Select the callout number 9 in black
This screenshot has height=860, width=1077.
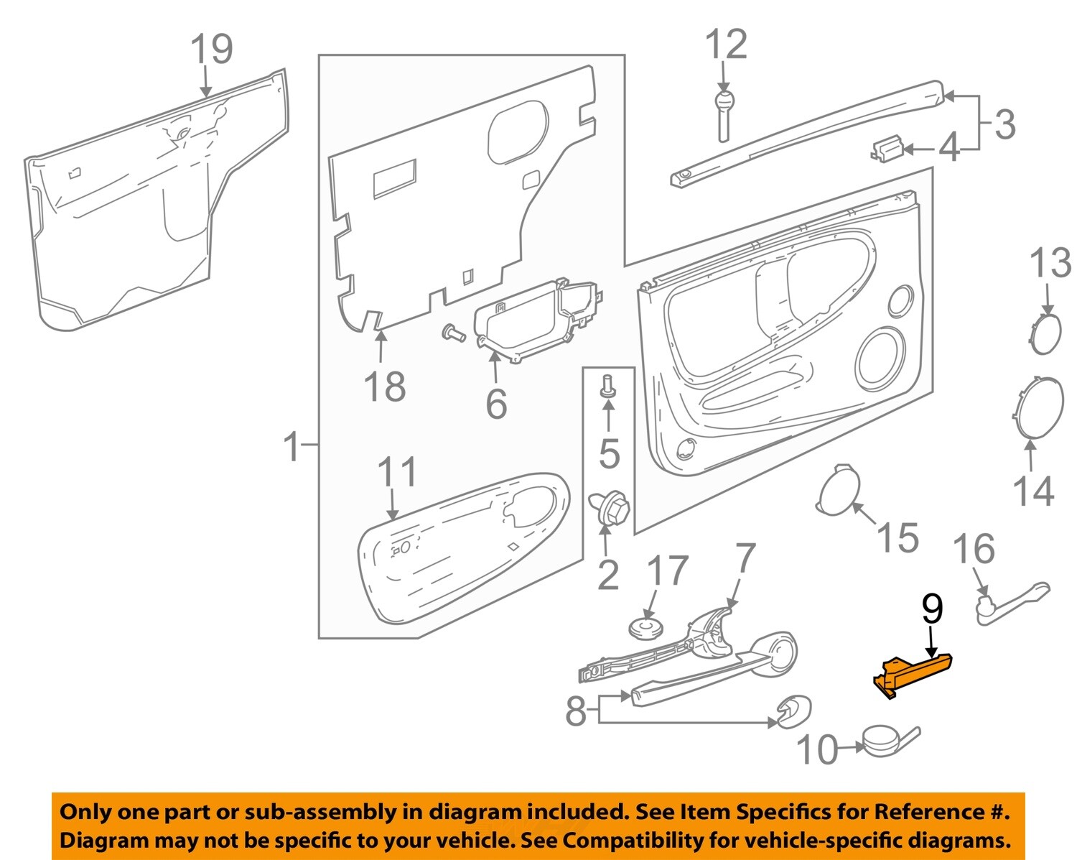[x=931, y=609]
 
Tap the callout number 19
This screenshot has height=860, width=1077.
[x=211, y=50]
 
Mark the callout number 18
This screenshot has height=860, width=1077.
[x=385, y=387]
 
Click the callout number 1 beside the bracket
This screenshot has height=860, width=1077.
[x=292, y=446]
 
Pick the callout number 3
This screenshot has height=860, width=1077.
[x=1004, y=124]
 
